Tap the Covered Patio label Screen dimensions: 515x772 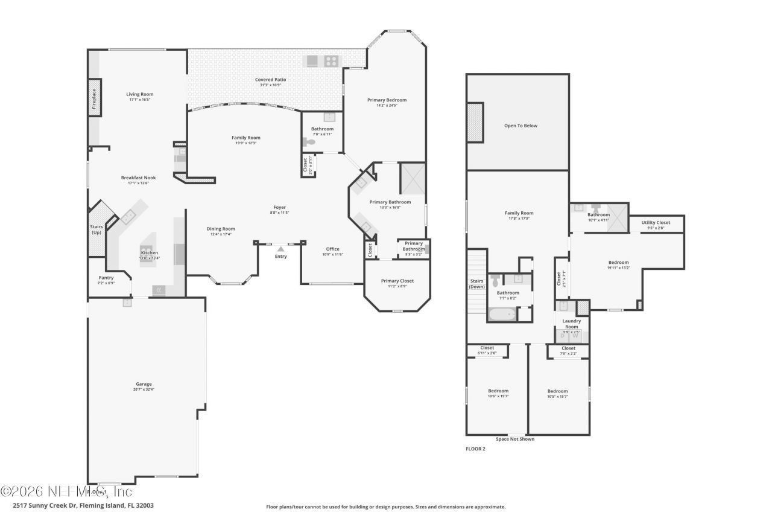270,80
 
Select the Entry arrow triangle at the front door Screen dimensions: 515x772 280,248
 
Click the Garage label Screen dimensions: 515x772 144,384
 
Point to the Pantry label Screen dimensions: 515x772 106,278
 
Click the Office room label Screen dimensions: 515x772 332,249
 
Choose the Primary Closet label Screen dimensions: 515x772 397,281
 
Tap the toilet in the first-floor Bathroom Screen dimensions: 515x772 310,142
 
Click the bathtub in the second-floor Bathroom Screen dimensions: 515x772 502,314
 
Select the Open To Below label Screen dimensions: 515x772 520,126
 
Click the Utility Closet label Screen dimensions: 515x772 656,223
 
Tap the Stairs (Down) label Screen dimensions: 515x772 477,283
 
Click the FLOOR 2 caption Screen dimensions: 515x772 475,449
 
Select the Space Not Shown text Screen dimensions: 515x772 514,439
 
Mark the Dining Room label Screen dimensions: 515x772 221,229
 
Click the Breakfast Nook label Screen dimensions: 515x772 139,178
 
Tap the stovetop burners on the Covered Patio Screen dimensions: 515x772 331,61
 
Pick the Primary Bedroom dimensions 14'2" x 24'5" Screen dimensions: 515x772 387,105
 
